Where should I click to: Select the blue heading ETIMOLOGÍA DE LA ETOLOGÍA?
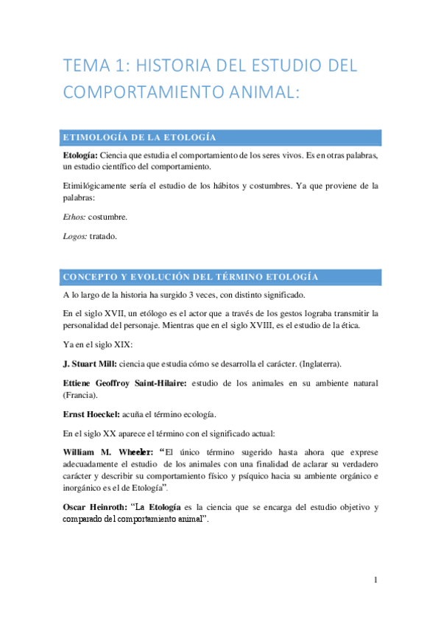click(140, 138)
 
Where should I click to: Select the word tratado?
click(103, 236)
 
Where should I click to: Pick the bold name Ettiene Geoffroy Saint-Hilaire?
click(125, 383)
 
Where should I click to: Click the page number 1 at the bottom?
click(375, 580)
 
